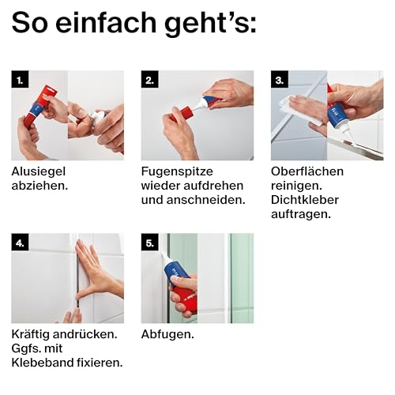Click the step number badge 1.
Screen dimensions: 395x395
point(20,79)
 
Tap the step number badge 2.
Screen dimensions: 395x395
point(149,79)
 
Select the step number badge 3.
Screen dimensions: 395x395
point(280,79)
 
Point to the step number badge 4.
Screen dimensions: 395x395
point(20,242)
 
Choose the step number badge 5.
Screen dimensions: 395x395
point(149,242)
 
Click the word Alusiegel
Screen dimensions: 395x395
point(39,171)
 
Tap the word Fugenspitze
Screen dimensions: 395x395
point(177,171)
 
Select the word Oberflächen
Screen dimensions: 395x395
point(307,171)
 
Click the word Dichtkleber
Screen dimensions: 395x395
point(305,200)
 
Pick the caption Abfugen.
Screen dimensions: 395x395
point(167,334)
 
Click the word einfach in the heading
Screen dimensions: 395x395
point(106,22)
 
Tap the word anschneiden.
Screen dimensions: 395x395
point(206,200)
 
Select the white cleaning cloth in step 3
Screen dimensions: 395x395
point(299,111)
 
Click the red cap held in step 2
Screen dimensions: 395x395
point(184,113)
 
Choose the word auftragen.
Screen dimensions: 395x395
point(301,214)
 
